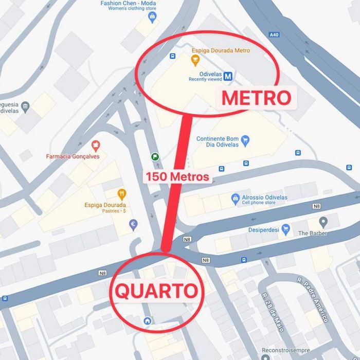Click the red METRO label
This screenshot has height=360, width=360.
pos(256,98)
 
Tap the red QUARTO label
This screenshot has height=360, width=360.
pos(156,291)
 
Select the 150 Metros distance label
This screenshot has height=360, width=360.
pos(177,176)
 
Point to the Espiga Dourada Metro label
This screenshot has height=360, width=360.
pos(221,50)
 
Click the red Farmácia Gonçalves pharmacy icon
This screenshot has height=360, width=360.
pos(95,146)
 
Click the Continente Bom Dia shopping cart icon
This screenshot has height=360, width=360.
pos(245,139)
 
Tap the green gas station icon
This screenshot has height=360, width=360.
pos(155,156)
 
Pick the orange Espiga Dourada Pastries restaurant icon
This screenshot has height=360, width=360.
pos(121,194)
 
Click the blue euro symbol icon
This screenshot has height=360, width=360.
pos(133,224)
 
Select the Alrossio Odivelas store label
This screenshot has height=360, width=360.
pos(264,197)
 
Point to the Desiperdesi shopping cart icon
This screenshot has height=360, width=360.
pos(286,229)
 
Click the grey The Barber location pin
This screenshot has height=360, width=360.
pos(323,222)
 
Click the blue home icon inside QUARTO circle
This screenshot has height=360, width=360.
pos(148,321)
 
